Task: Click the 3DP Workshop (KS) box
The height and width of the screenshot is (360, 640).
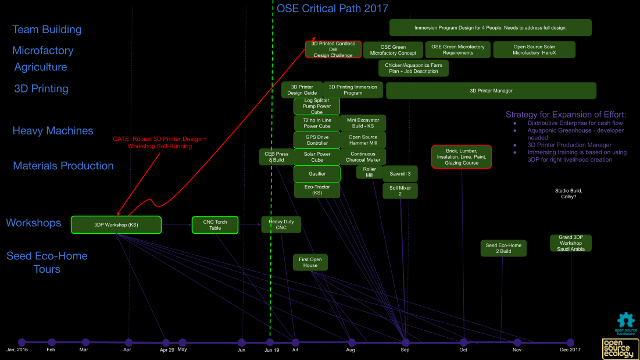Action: [x=116, y=224]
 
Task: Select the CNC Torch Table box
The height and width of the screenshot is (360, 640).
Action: [x=215, y=224]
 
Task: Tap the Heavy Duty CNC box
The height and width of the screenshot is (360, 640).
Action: [x=281, y=224]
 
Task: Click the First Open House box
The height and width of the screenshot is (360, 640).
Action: [x=310, y=262]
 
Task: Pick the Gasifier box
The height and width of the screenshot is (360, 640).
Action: [x=317, y=174]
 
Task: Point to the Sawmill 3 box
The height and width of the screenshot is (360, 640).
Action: [x=400, y=174]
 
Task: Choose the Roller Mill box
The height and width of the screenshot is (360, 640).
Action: [x=370, y=172]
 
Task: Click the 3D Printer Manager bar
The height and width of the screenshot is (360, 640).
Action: [x=491, y=91]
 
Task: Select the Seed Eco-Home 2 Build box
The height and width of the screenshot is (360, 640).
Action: [x=503, y=248]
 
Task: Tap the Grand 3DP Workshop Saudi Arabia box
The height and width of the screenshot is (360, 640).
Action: [x=571, y=243]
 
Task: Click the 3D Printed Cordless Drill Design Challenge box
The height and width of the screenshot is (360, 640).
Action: [x=333, y=49]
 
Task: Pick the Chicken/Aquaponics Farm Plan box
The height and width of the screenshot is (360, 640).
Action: [x=413, y=69]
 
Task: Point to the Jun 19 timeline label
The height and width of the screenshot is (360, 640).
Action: [x=271, y=350]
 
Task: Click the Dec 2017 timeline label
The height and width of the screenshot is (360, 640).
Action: [x=570, y=350]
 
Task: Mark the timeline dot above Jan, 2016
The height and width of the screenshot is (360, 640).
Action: [x=22, y=342]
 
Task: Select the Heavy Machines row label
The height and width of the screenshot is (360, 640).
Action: [x=53, y=131]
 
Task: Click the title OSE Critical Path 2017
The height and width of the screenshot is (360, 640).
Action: [x=332, y=9]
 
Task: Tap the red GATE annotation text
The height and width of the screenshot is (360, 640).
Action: [x=160, y=142]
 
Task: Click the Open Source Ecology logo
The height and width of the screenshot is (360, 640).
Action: [x=620, y=348]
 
